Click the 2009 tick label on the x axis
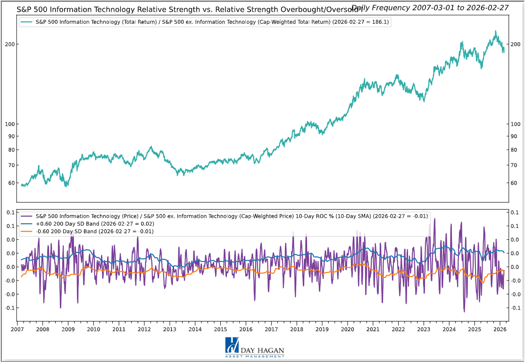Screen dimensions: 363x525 click(68, 329)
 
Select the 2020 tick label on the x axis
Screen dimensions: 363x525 click(348, 329)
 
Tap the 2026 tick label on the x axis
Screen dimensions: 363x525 click(500, 329)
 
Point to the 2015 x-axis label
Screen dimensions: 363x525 click(220, 329)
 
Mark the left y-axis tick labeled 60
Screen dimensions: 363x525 click(13, 183)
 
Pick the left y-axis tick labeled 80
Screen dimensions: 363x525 click(13, 150)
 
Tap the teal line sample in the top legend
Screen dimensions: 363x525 click(27, 22)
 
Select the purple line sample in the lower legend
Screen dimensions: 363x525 click(27, 216)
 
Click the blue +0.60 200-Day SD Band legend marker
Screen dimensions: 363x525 click(27, 224)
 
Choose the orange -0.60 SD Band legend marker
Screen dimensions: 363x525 click(27, 231)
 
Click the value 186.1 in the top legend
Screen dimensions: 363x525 click(379, 22)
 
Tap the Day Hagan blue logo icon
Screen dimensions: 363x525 click(232, 346)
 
